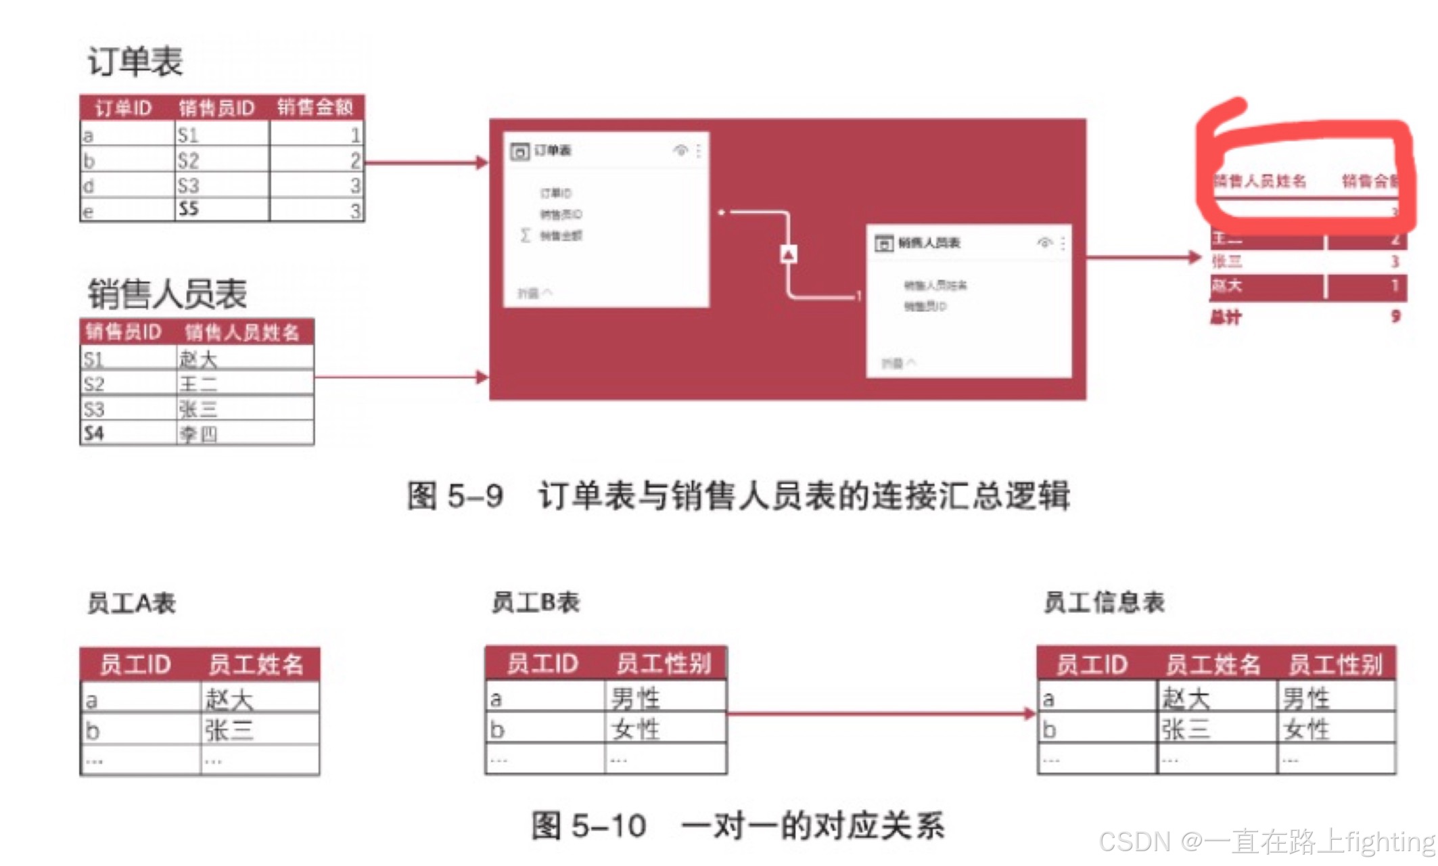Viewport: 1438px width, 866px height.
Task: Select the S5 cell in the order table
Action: pos(189,209)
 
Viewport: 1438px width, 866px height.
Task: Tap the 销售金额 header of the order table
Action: pos(315,107)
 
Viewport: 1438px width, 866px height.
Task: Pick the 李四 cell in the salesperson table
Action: pos(198,434)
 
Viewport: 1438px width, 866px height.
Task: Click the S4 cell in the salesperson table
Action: pos(94,433)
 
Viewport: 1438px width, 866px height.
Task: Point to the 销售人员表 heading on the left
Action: pos(167,294)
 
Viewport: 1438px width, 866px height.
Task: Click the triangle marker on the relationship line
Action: pos(789,254)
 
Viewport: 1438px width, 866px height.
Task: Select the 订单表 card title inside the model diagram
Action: pos(553,150)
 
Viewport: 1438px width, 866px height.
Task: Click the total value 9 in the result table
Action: pos(1395,316)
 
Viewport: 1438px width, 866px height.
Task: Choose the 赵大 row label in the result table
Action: pos(1227,286)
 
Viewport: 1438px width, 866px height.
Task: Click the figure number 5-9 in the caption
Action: pos(475,495)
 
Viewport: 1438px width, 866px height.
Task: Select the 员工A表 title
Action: pos(131,603)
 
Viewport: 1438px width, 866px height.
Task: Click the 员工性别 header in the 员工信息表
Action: pos(1335,664)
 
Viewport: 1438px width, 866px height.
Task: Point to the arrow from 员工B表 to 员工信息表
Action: pos(879,713)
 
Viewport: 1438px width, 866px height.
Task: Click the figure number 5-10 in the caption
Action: pos(608,825)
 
